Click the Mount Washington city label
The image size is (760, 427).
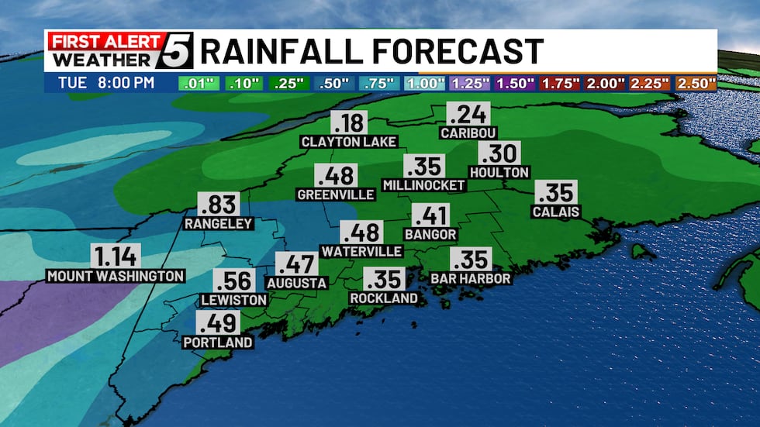point(116,276)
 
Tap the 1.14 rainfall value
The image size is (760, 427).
point(116,256)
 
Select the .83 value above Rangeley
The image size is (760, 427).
point(218,205)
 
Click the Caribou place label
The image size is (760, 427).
point(468,133)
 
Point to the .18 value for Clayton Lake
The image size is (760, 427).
point(349,122)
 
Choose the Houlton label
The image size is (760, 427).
point(499,172)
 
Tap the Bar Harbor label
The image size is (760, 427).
point(471,278)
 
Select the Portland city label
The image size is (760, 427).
point(218,343)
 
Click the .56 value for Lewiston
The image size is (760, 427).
point(233,281)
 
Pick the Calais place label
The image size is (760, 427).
point(556,212)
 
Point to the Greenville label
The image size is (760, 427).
point(336,195)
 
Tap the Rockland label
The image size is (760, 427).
point(384,298)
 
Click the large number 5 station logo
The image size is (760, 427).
point(178,51)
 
